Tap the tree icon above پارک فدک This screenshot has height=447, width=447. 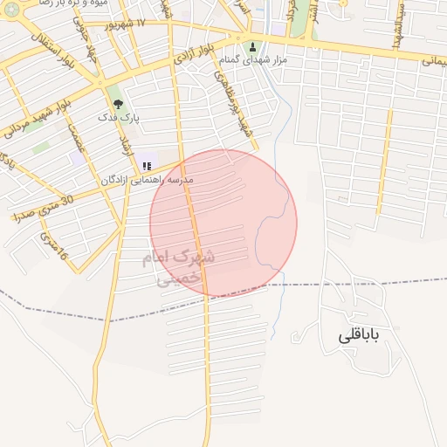(118, 103)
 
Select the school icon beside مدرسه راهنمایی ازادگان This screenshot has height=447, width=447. (146, 166)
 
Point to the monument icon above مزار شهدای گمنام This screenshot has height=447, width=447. (253, 47)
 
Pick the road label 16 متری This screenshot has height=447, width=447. (52, 249)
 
